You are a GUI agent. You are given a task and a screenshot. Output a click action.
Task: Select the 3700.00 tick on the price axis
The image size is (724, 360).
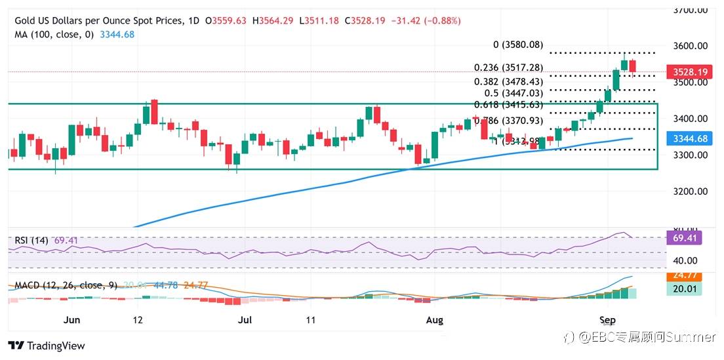click(x=691, y=10)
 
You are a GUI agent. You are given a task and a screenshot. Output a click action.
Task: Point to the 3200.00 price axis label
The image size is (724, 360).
click(x=691, y=191)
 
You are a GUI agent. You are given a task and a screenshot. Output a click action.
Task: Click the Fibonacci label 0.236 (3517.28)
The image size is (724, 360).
click(x=508, y=68)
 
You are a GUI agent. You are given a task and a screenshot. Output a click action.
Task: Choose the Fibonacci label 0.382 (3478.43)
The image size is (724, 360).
click(x=508, y=81)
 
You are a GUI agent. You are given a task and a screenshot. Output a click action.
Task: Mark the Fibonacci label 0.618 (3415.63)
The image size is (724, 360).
click(x=509, y=105)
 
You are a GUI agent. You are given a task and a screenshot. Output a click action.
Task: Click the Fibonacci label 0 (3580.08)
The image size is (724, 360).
click(x=518, y=45)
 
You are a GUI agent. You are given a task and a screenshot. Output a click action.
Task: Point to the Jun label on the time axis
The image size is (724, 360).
click(x=72, y=320)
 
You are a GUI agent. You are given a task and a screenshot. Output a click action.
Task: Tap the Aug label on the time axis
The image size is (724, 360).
click(x=435, y=320)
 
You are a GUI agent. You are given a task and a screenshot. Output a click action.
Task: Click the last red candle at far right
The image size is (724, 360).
click(x=633, y=68)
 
